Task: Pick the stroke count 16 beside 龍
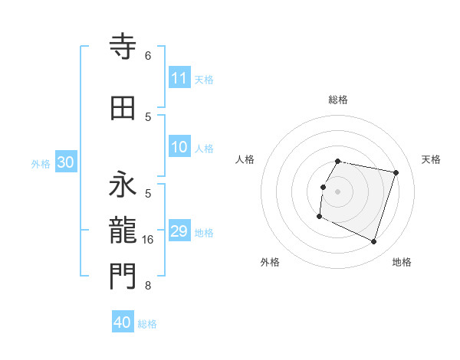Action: [x=149, y=240]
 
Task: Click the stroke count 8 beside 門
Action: [x=148, y=286]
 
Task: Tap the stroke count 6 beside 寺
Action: [x=148, y=56]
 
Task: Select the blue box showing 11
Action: [x=179, y=78]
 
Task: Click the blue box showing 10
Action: [x=179, y=147]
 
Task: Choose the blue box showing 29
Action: [x=179, y=231]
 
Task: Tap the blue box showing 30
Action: [x=65, y=162]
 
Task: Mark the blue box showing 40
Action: [x=123, y=322]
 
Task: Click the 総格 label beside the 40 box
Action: [x=147, y=324]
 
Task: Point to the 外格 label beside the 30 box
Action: [x=41, y=163]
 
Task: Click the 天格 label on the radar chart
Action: [x=431, y=159]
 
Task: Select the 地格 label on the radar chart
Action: [x=402, y=262]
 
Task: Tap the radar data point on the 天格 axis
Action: [x=396, y=172]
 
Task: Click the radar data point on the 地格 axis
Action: [x=373, y=242]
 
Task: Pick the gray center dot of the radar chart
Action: [x=337, y=191]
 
